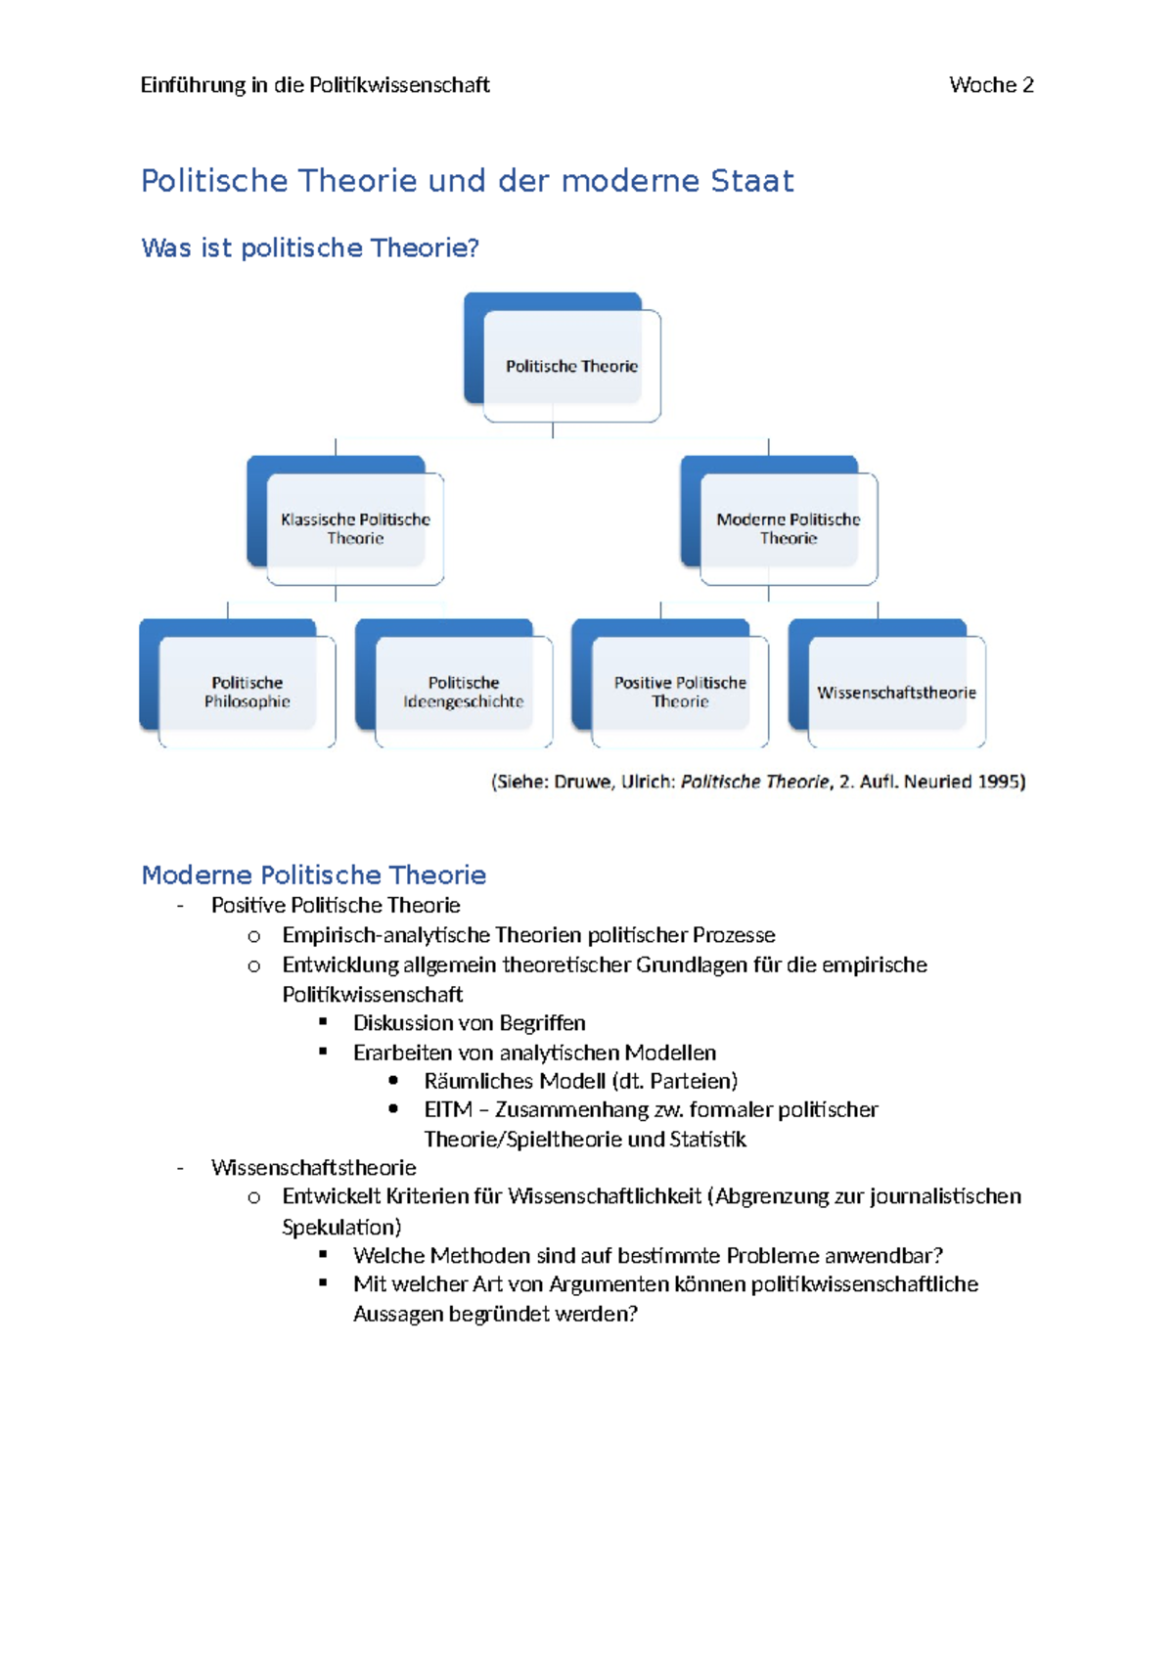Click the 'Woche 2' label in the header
point(990,85)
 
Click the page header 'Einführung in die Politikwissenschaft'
point(314,85)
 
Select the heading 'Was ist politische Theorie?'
point(310,248)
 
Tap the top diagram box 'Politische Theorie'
point(571,366)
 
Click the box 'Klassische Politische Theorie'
point(355,528)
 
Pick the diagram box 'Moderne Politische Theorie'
point(789,528)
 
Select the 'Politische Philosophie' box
point(247,692)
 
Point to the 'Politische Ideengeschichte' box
point(463,692)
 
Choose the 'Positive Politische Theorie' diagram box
point(680,692)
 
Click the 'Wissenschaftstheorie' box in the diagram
point(896,693)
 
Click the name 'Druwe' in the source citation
point(583,782)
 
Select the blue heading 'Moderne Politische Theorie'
point(313,874)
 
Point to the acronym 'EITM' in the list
point(447,1110)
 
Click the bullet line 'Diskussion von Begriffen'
point(469,1023)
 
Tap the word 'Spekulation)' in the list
point(341,1227)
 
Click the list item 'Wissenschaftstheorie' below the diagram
point(313,1168)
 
